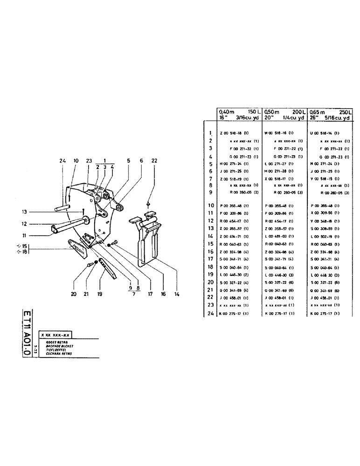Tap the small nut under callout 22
click(148, 203)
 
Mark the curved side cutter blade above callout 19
click(108, 269)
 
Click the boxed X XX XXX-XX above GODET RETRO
click(55, 336)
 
